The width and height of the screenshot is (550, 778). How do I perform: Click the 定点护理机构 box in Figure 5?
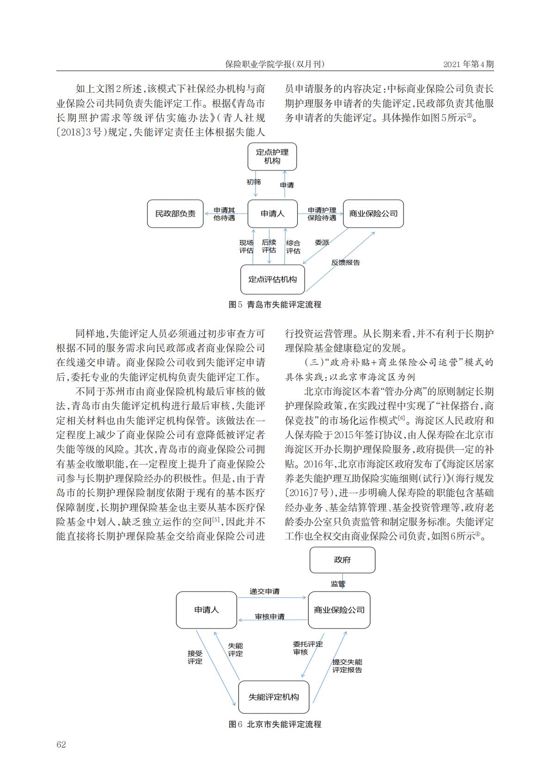coord(272,156)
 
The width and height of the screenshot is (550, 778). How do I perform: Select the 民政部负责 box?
coord(175,214)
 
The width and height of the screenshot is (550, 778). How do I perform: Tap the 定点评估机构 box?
coord(273,279)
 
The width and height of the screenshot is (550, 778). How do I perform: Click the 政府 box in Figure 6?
coord(342,559)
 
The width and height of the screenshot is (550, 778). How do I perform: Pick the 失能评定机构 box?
coord(274,697)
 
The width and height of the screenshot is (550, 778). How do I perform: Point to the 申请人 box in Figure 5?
coord(273,214)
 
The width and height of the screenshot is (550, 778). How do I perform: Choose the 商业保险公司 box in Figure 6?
coord(339,610)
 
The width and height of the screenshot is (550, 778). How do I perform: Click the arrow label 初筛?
coord(253,182)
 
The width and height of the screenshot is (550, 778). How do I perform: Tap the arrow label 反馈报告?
coord(346,263)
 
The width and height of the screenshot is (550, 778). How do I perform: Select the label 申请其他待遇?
coord(224,214)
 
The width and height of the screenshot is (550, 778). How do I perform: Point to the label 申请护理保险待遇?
coord(322,214)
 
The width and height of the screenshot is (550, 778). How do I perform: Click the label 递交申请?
coord(264,591)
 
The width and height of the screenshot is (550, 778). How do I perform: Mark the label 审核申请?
coord(270,617)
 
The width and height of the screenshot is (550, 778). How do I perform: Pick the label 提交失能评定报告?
coord(347,666)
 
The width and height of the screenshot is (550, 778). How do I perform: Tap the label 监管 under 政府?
coord(338,584)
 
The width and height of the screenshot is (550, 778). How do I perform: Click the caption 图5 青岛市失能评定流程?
coord(275,305)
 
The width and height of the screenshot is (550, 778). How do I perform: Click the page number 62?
coord(61,744)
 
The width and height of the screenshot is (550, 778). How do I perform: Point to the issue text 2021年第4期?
coord(468,64)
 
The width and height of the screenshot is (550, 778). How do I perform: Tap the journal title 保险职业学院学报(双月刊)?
coord(275,64)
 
